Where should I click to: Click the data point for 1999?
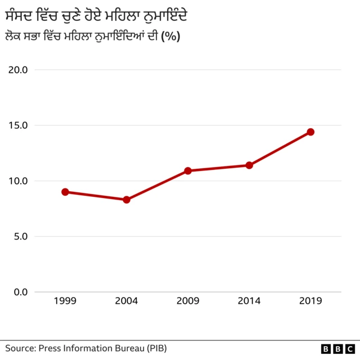65,192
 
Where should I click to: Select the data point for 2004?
127,200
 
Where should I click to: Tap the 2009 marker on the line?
188,170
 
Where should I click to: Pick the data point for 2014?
249,165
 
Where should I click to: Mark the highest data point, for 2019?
310,132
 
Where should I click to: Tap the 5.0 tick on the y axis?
20,236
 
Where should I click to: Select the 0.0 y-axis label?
20,292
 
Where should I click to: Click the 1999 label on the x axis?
65,301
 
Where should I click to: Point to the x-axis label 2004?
127,301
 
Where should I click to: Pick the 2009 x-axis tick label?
188,301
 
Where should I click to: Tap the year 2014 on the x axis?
249,301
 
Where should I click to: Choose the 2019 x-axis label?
310,301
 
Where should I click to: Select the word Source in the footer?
20,348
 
